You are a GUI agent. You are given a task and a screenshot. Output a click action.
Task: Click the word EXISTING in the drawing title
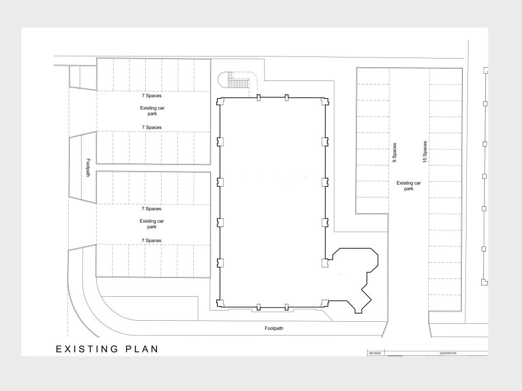click(x=87, y=349)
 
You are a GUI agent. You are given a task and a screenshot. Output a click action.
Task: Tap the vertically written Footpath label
click(x=88, y=168)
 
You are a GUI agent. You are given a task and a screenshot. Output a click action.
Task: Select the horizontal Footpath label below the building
click(x=274, y=328)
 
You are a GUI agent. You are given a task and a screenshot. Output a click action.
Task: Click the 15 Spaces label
click(x=425, y=152)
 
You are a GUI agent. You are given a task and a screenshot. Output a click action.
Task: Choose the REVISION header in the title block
click(x=375, y=353)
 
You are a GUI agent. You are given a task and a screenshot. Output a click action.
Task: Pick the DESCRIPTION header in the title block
click(x=447, y=353)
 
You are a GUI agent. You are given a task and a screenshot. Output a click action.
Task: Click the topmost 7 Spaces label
click(x=151, y=96)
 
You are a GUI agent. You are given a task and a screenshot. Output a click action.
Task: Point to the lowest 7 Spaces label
click(x=151, y=240)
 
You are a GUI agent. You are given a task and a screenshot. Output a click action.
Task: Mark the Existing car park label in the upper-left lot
click(x=152, y=110)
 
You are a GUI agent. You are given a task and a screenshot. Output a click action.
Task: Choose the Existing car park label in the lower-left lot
click(x=152, y=224)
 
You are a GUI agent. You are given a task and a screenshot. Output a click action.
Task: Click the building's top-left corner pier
click(x=220, y=101)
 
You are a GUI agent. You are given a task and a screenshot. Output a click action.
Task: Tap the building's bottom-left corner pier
click(x=220, y=303)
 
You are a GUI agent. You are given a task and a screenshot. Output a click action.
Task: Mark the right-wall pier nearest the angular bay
click(x=325, y=263)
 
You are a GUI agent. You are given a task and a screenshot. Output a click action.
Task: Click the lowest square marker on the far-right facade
click(x=484, y=282)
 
